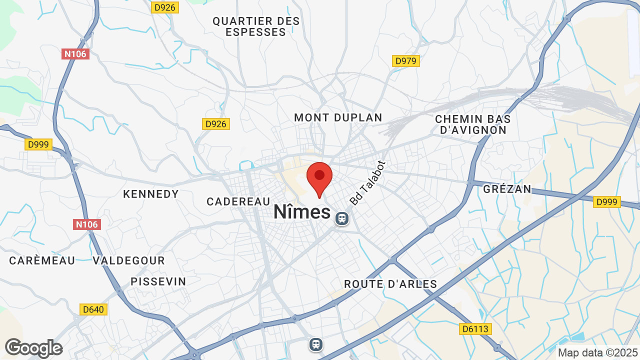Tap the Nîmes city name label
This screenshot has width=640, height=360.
pyautogui.click(x=302, y=212)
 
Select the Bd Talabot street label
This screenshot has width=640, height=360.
pyautogui.click(x=367, y=183)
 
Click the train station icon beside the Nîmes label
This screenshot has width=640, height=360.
pyautogui.click(x=342, y=218)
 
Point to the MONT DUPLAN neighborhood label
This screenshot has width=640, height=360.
pyautogui.click(x=338, y=118)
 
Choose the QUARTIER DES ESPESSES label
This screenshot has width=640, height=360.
pyautogui.click(x=256, y=26)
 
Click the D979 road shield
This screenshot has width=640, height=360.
pyautogui.click(x=405, y=61)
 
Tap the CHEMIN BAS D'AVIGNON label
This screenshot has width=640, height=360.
pyautogui.click(x=472, y=124)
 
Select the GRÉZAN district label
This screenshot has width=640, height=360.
pyautogui.click(x=507, y=189)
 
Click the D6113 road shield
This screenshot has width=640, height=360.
pyautogui.click(x=475, y=329)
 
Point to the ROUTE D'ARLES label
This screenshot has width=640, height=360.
pyautogui.click(x=390, y=284)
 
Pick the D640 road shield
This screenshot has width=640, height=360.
pyautogui.click(x=93, y=309)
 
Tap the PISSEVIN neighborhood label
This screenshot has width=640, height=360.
pyautogui.click(x=158, y=281)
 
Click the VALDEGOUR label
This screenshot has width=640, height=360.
pyautogui.click(x=129, y=260)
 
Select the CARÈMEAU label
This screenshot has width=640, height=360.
pyautogui.click(x=42, y=260)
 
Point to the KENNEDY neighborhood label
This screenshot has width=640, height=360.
pyautogui.click(x=151, y=194)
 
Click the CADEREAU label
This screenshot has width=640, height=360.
pyautogui.click(x=238, y=201)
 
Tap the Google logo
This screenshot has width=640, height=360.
pyautogui.click(x=33, y=348)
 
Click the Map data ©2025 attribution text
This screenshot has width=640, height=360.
pyautogui.click(x=598, y=352)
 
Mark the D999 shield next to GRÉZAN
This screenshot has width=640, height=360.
pyautogui.click(x=607, y=202)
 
